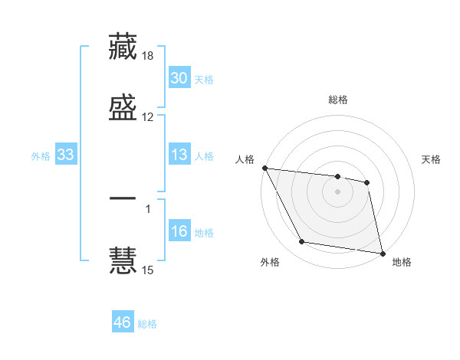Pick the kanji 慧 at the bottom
pos(123,259)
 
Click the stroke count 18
pos(148,57)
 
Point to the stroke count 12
pos(148,116)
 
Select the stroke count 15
pos(148,270)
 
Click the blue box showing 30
pos(179,78)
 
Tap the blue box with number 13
pos(179,155)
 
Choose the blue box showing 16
pos(179,231)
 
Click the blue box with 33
pos(66,155)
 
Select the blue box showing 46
pos(123,322)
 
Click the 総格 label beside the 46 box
pos(147,324)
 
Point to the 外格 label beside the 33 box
pos(41,156)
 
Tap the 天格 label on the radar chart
pos(432,159)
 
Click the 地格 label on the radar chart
pos(402,262)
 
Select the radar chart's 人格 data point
pos(264,168)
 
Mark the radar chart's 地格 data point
pos(381,253)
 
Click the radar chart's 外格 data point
pos(302,243)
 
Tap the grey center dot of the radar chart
pos(337,191)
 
